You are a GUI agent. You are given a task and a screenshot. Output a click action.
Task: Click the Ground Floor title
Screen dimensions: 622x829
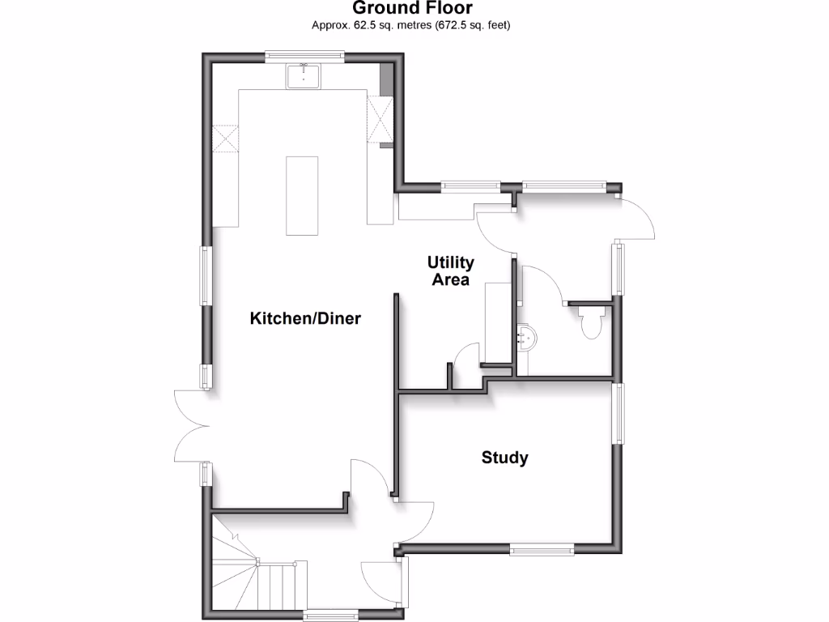pyautogui.click(x=412, y=9)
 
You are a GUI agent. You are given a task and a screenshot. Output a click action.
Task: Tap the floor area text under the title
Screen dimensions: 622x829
pyautogui.click(x=412, y=25)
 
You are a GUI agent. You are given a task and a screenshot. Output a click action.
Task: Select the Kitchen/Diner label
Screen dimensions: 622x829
pyautogui.click(x=304, y=318)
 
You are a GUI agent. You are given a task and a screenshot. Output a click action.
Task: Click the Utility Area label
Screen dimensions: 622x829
pyautogui.click(x=451, y=271)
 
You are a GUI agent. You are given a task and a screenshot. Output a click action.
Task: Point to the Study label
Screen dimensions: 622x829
pyautogui.click(x=504, y=458)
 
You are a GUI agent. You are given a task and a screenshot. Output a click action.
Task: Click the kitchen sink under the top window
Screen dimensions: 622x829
pyautogui.click(x=304, y=77)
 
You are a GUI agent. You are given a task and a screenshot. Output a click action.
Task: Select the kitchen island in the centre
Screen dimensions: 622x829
pyautogui.click(x=303, y=195)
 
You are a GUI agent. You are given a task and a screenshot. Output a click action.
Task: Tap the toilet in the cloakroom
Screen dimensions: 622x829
pyautogui.click(x=592, y=322)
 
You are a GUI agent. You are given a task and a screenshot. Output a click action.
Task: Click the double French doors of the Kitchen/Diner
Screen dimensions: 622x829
pyautogui.click(x=191, y=426)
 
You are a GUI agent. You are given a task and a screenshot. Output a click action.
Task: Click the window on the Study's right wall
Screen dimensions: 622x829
pyautogui.click(x=618, y=413)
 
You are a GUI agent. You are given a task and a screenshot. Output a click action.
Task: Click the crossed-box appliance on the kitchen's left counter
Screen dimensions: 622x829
pyautogui.click(x=226, y=138)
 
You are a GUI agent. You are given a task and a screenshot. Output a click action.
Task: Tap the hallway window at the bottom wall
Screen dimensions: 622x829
pyautogui.click(x=330, y=616)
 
